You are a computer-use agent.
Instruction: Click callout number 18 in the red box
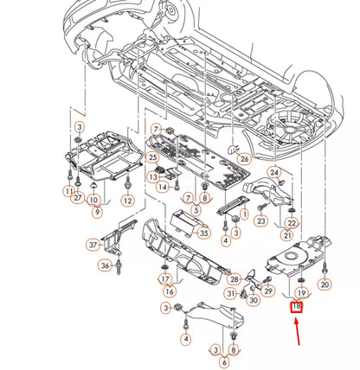pos(297,305)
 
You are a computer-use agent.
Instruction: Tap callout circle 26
pos(244,158)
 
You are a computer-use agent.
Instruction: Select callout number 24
pos(274,173)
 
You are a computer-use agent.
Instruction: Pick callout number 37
pos(93,245)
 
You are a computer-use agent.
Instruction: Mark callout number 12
pos(127,201)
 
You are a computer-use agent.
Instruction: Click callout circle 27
pos(78,198)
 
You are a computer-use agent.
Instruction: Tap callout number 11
pos(67,189)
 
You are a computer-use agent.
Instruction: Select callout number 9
pos(96,211)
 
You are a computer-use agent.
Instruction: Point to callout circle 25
pos(152,157)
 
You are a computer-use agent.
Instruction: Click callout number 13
pos(153,177)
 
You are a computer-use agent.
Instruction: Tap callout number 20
pos(325,284)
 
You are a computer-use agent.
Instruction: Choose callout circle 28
pos(235,278)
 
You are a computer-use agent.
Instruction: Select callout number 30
pos(254,300)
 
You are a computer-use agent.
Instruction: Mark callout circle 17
pos(164,279)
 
